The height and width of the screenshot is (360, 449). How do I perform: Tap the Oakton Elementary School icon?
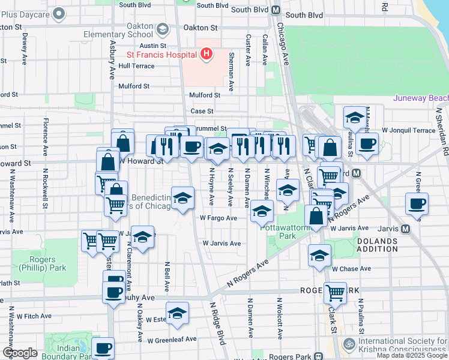coord(162,29)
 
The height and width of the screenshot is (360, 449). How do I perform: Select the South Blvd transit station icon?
coord(276,10)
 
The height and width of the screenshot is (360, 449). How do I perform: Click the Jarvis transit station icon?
coord(406,229)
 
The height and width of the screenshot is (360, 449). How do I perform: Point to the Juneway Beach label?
coord(420,98)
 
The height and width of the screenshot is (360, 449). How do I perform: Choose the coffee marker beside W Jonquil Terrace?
coord(367,144)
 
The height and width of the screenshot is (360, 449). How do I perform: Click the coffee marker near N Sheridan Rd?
coord(417,203)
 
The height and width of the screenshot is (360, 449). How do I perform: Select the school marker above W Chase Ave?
coord(319,256)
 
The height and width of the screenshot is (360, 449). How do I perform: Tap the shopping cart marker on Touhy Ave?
coord(335,292)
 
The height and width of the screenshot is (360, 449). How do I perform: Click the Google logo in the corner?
coord(19,352)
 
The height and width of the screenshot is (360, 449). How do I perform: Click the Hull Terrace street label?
coord(136,66)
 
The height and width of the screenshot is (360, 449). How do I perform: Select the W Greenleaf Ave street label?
coord(172,339)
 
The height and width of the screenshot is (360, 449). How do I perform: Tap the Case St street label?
coord(202,111)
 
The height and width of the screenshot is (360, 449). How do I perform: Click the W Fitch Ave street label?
coord(34,316)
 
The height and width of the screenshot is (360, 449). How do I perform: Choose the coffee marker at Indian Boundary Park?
coord(103,349)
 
